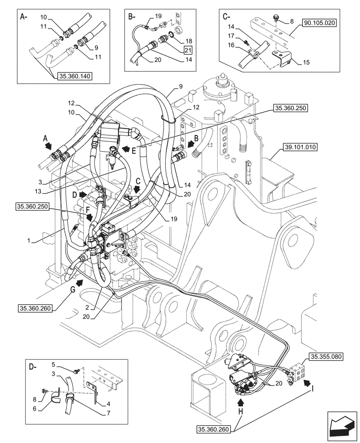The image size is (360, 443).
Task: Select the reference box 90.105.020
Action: (320, 21)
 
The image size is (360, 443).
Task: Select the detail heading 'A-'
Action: (24, 17)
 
